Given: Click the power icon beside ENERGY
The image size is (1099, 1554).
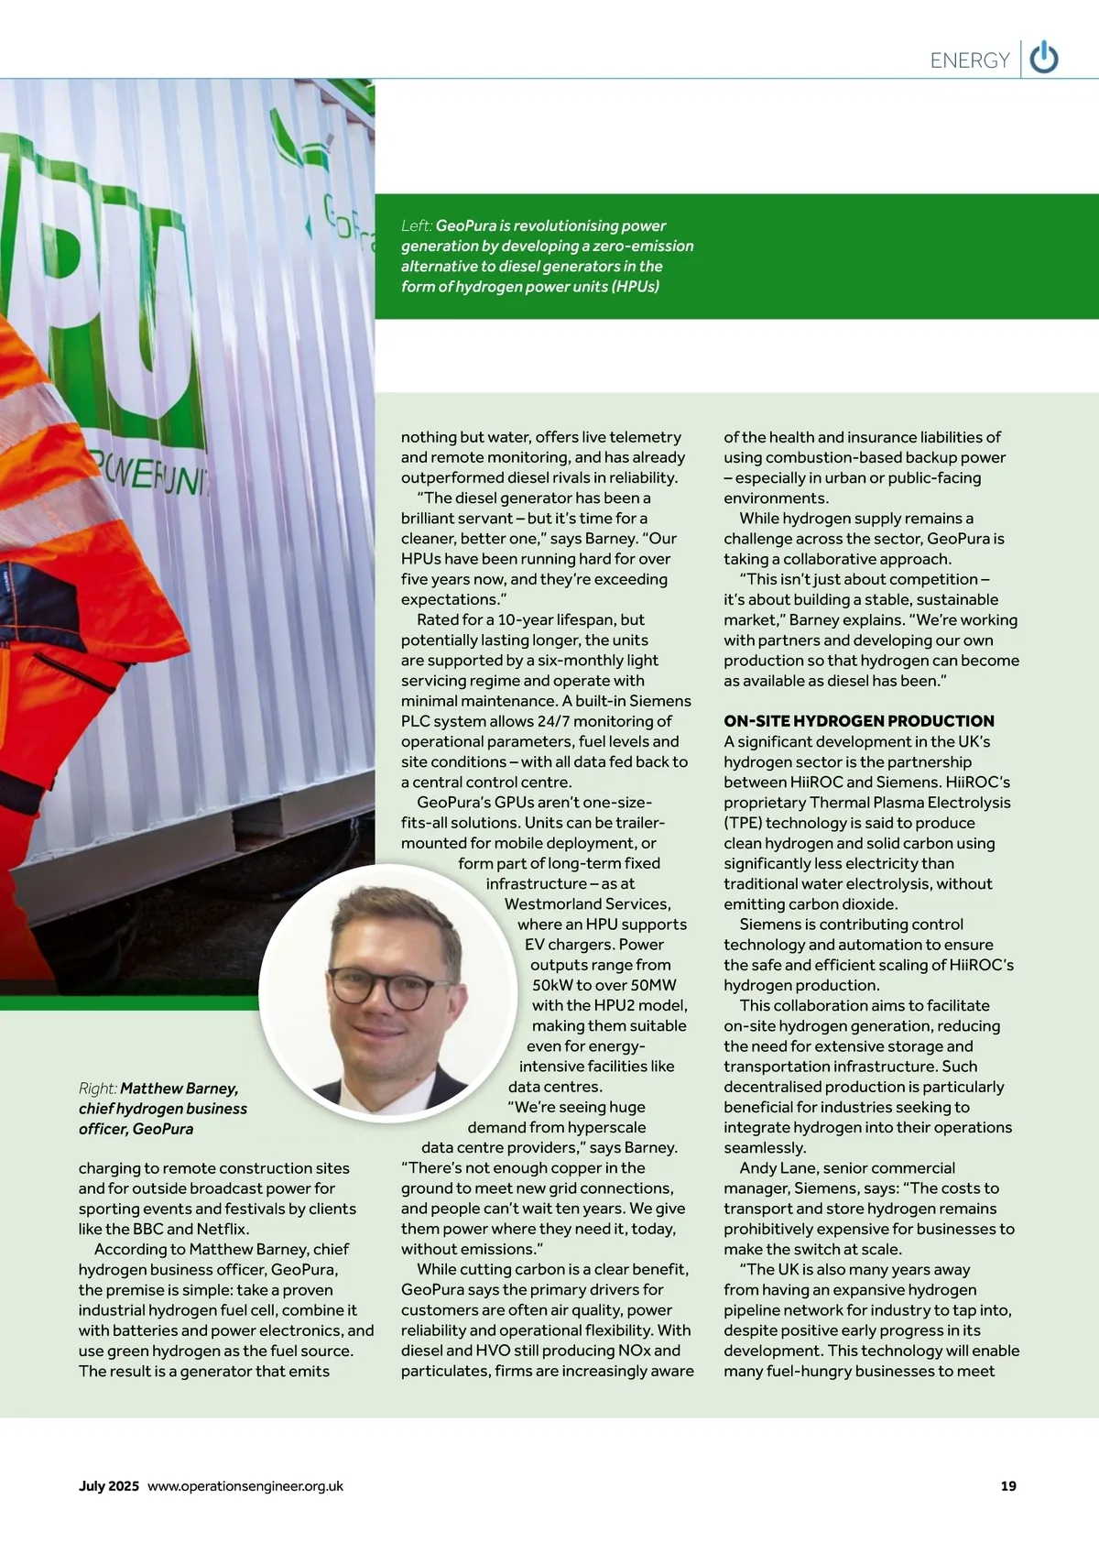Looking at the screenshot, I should coord(1044,60).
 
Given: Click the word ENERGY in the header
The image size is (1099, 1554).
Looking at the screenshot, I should coord(969,60).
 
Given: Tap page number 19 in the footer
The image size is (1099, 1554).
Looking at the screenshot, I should coord(1008,1485).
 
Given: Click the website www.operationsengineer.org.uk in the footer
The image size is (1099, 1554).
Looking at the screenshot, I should coord(245,1485).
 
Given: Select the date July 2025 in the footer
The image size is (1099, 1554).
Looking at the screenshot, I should coord(109,1485).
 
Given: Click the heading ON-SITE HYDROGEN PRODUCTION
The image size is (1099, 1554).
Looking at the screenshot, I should coord(858,721).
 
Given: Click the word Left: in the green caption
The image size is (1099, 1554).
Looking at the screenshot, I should coord(417,225).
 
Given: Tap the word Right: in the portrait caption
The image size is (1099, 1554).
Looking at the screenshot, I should coord(97,1089).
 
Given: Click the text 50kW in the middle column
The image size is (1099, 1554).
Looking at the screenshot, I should coord(552,985).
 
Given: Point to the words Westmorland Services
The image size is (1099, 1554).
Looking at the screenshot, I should coord(587,903).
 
